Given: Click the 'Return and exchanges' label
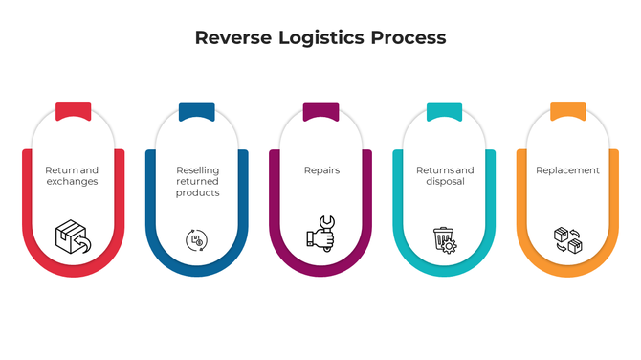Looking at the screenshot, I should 72,175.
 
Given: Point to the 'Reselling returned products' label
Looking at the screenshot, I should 197,181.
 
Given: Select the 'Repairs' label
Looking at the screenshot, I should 321,170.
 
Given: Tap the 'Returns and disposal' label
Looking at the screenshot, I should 445,175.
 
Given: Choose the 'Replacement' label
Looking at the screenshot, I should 567,170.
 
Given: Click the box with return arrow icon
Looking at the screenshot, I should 72,236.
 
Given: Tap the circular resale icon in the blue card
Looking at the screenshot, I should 196,239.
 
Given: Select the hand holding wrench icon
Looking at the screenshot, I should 320,236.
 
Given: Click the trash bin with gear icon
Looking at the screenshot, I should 444,238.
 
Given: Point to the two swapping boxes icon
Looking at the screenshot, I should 567,238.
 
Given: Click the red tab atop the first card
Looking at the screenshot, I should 73,111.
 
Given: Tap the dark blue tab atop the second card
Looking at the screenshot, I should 197,111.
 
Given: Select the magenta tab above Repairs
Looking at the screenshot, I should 320,111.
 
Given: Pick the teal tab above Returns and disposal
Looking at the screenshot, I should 444,111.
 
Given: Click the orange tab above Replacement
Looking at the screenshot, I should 567,111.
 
